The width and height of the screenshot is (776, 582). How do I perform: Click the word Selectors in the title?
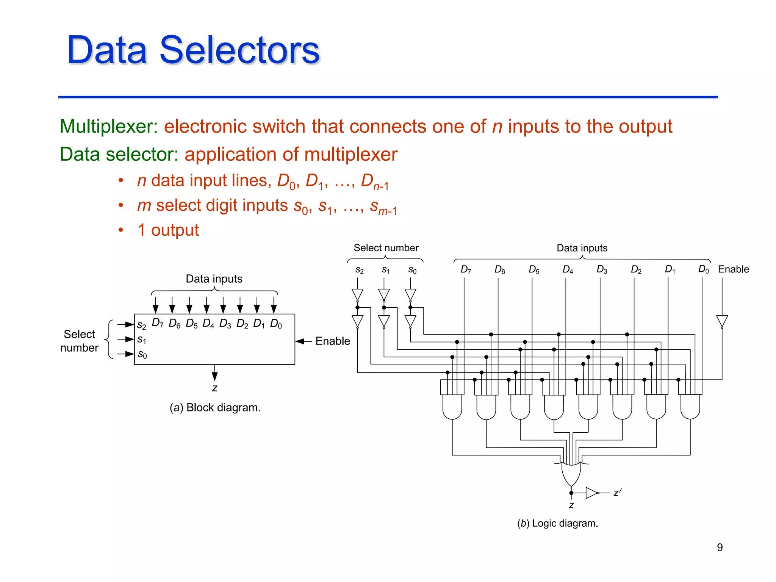tap(239, 50)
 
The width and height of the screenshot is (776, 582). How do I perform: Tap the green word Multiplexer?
tap(109, 127)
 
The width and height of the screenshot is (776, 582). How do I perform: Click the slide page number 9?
tap(720, 547)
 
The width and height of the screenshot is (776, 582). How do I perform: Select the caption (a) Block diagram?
tap(215, 408)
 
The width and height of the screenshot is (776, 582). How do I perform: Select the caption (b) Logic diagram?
tap(557, 523)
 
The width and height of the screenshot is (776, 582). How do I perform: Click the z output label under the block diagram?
tap(215, 388)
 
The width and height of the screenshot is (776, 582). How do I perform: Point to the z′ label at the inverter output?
tap(617, 493)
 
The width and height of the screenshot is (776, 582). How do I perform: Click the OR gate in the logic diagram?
tap(571, 474)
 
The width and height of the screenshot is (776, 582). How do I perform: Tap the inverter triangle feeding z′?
tap(591, 493)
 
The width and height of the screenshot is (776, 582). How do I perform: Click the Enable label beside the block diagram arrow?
tap(332, 341)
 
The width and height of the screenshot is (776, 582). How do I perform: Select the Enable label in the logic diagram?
tap(733, 269)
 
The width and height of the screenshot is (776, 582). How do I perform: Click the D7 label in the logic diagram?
tap(466, 269)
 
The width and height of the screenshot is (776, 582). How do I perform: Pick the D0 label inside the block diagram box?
tap(276, 324)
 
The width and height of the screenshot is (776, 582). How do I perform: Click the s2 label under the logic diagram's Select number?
tap(359, 270)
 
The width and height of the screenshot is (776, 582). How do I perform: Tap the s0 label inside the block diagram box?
tap(142, 354)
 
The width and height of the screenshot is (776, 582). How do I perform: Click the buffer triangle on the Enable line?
tap(722, 321)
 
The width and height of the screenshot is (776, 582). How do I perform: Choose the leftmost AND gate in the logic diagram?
tap(452, 407)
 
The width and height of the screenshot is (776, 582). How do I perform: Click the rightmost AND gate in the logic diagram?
tap(690, 407)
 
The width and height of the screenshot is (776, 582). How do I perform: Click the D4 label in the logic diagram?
tap(568, 269)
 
